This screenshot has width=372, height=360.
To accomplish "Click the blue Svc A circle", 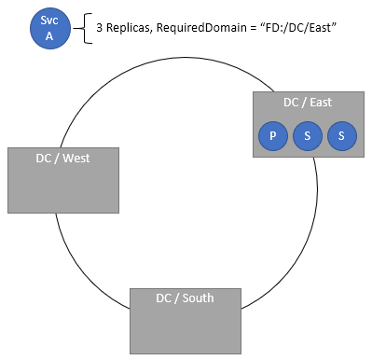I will coord(48,29).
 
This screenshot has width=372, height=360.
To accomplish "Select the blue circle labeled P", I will coord(272,136).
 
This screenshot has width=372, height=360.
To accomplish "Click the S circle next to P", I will coord(307,136).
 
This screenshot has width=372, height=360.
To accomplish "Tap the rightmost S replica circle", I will coord(341,136).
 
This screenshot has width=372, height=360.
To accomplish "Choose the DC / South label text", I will coord(185,298).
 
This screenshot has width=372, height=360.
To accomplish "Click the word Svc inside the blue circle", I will coord(48,21).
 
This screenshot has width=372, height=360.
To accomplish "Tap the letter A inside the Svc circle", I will coord(48,36).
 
